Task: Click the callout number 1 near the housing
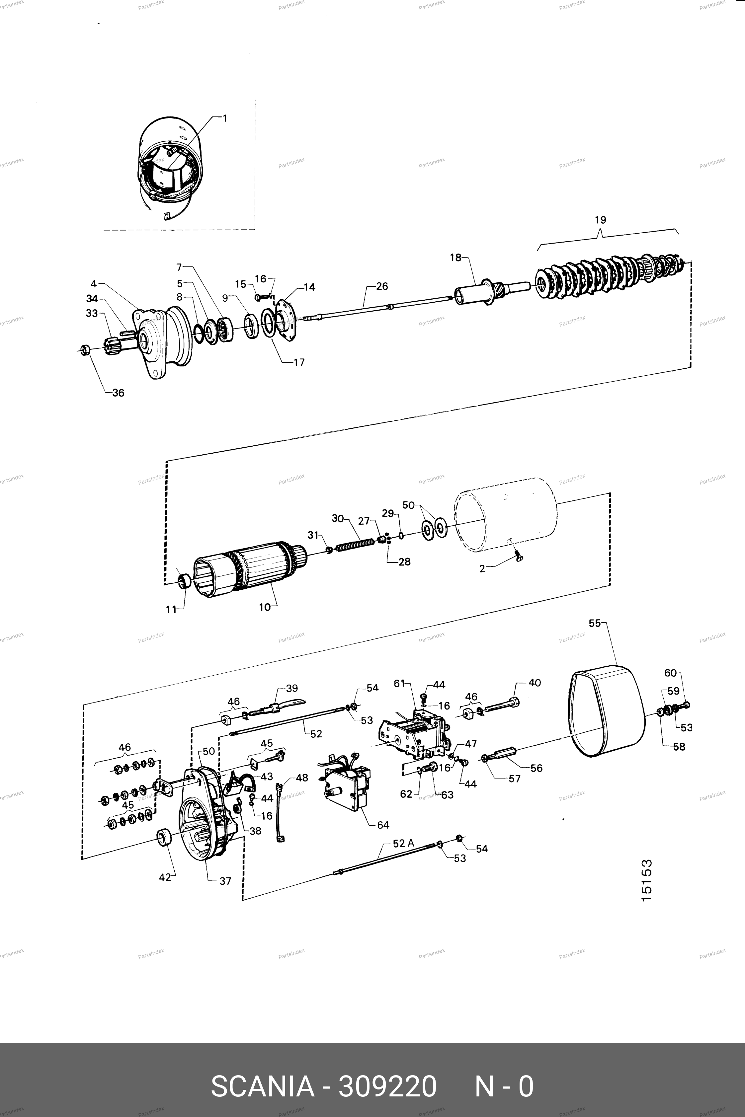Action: coord(225,118)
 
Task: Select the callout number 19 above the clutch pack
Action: coord(600,220)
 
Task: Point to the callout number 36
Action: coord(118,393)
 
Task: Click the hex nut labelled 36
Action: coord(85,350)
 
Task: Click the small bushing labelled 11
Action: coord(185,581)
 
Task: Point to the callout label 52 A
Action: coord(403,843)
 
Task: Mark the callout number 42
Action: coord(164,877)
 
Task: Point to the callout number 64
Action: coord(383,825)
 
